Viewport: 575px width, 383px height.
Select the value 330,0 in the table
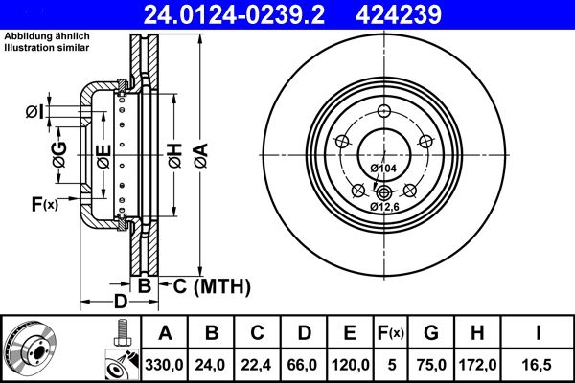[165, 365]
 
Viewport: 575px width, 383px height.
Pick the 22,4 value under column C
[257, 365]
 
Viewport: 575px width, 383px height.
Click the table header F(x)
[393, 333]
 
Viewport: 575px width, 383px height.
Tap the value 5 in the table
[393, 365]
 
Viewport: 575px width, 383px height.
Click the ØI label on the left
[34, 113]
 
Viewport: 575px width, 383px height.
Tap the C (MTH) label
[211, 285]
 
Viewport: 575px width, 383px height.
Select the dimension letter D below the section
[121, 304]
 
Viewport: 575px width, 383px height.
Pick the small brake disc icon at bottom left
[30, 349]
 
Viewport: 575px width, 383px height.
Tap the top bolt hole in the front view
[383, 110]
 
